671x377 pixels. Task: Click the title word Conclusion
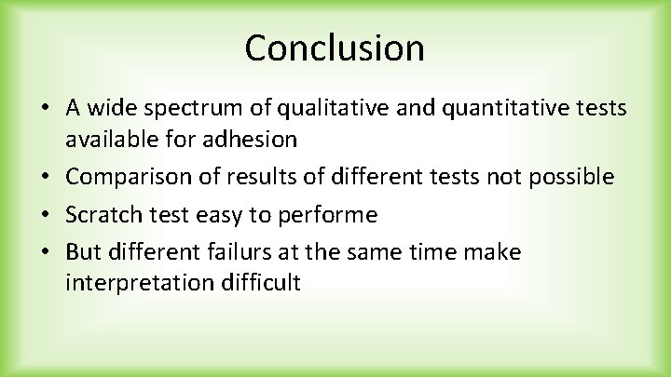(335, 47)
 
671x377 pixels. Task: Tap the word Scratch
(101, 215)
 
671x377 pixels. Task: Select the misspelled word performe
(332, 215)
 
